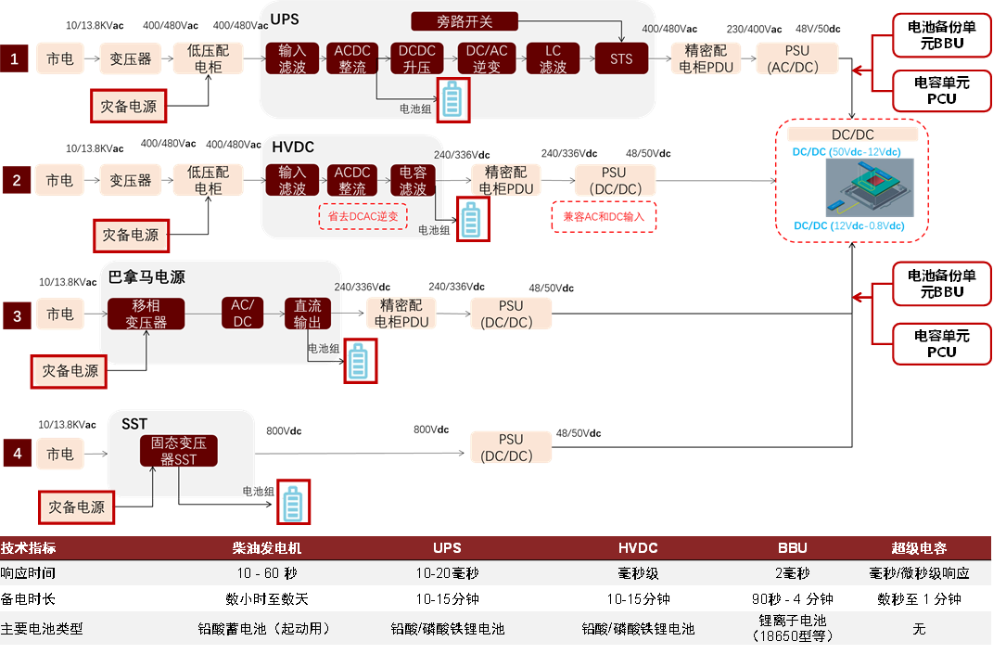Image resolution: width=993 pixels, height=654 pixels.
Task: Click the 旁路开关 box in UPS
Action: [x=465, y=21]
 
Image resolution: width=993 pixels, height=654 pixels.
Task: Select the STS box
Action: [x=621, y=59]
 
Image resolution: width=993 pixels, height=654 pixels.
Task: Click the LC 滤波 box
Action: [x=553, y=59]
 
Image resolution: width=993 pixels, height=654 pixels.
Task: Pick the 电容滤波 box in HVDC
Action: [x=413, y=180]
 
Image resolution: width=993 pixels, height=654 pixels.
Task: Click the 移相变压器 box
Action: [x=146, y=314]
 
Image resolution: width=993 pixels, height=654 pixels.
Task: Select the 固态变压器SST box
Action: [x=179, y=452]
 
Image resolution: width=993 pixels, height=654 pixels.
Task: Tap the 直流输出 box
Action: [x=307, y=314]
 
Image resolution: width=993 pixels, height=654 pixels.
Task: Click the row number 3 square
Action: [x=17, y=316]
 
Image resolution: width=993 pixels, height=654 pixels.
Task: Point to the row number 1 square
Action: [x=14, y=59]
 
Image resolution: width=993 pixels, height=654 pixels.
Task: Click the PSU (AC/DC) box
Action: [x=796, y=58]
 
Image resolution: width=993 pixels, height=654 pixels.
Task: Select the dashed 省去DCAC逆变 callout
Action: [x=363, y=216]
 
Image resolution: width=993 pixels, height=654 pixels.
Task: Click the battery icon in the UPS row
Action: [x=452, y=100]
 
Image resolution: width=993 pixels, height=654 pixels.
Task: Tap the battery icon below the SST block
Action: [x=293, y=503]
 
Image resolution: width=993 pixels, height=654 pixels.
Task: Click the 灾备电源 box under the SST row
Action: [x=77, y=507]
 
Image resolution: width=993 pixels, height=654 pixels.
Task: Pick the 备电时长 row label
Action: [x=29, y=598]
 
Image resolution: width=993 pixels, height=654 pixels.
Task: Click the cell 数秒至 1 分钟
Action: [x=918, y=598]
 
